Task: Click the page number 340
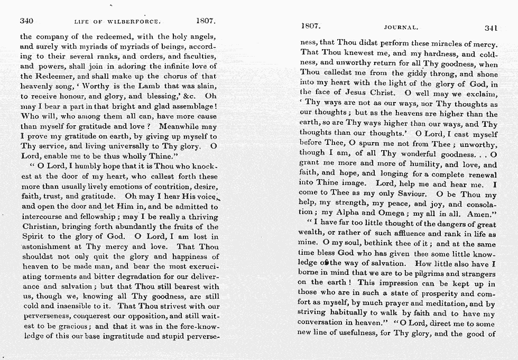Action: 26,22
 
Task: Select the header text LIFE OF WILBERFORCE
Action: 117,22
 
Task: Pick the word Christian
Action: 40,227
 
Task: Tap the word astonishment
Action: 48,247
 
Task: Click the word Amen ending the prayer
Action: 480,214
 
